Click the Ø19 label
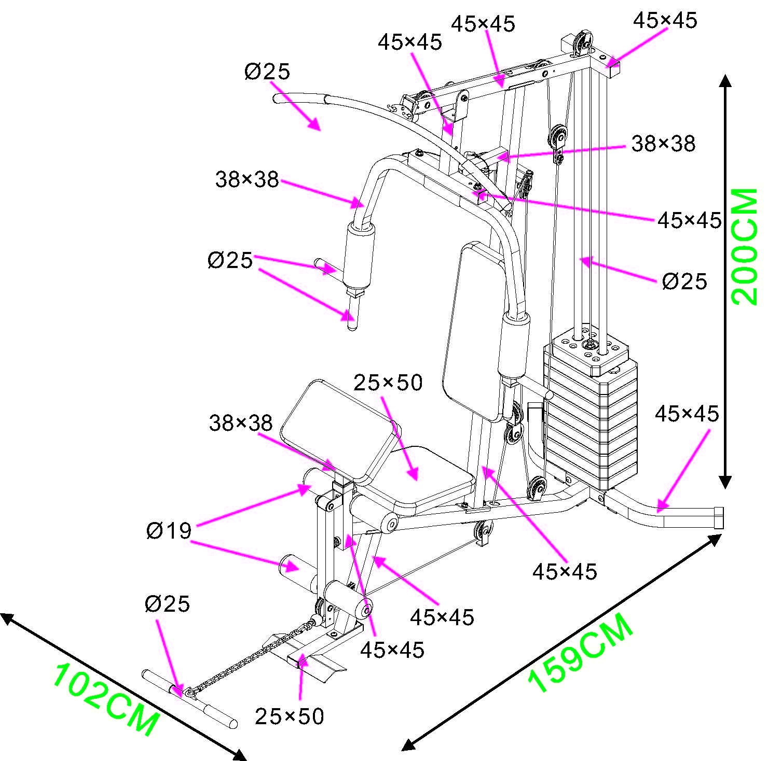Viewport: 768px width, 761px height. pos(169,531)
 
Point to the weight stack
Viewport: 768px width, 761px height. pos(591,415)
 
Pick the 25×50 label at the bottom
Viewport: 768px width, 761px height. pos(289,716)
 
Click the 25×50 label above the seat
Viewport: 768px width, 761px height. pos(388,383)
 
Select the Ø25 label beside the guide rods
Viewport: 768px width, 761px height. pos(684,281)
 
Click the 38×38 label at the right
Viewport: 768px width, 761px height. pos(663,144)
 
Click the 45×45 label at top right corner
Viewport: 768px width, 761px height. pos(665,20)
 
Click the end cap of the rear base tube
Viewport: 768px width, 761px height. pos(719,518)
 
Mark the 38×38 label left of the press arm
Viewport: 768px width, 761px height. pos(247,180)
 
